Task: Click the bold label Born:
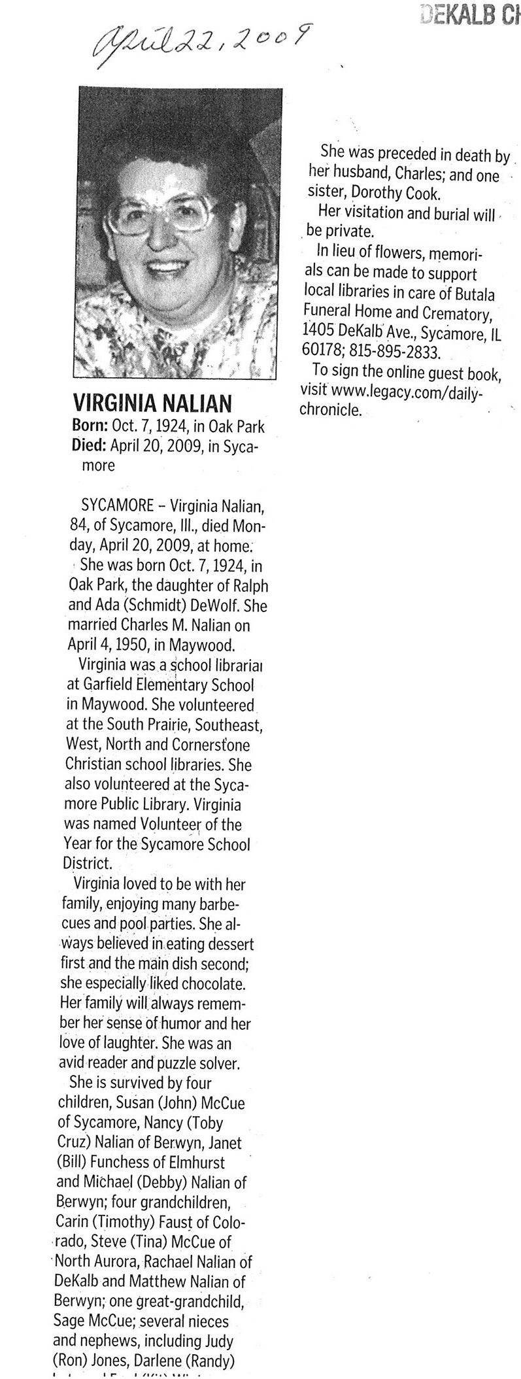click(x=89, y=427)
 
